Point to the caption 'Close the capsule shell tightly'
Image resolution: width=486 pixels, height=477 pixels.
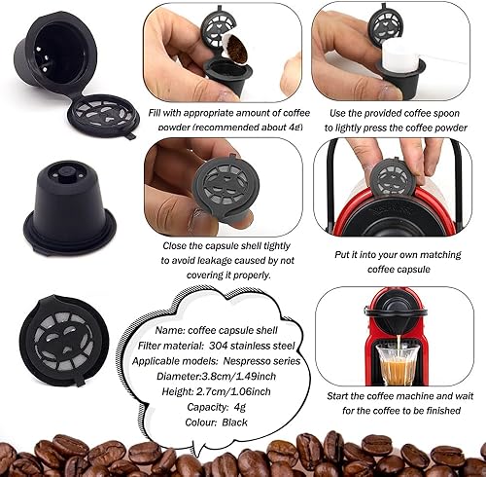(x=222, y=247)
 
